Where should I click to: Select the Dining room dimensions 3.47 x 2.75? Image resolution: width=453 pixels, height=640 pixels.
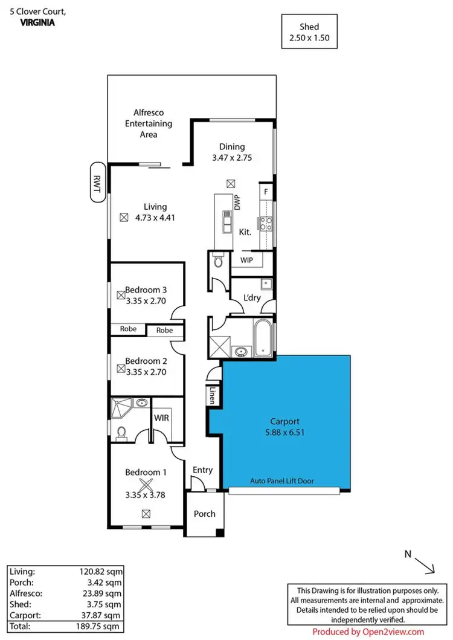pos(232,157)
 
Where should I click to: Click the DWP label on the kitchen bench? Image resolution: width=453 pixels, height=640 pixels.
pos(237,201)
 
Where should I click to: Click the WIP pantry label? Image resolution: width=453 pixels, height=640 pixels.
pos(246,260)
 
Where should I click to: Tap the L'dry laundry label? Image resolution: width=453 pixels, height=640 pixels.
pos(251,297)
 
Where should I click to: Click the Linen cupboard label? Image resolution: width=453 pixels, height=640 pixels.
pos(213,395)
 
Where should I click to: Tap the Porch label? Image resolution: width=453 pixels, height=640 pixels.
pos(204,514)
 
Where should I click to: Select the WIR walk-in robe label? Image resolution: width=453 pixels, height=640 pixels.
pos(161,418)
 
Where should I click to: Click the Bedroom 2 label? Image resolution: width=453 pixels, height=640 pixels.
pos(146,361)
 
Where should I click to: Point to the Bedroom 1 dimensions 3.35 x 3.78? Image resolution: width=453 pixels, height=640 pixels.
pos(146,494)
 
